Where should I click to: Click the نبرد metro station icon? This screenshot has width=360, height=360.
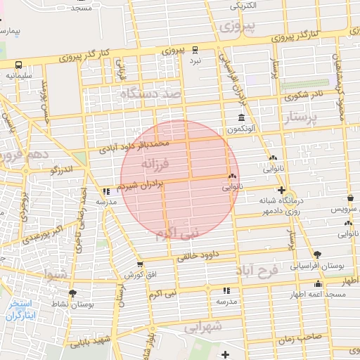[x=196, y=49]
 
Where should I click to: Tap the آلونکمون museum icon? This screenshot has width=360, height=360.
[x=241, y=117]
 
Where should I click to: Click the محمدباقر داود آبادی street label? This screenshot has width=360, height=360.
[x=136, y=146]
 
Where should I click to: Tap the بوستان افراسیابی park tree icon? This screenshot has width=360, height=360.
[x=317, y=254]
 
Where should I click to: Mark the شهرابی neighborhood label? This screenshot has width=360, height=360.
[x=204, y=327]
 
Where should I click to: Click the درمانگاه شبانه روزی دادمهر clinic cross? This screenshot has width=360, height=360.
[x=281, y=191]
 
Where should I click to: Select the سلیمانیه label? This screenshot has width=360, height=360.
[x=18, y=74]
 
